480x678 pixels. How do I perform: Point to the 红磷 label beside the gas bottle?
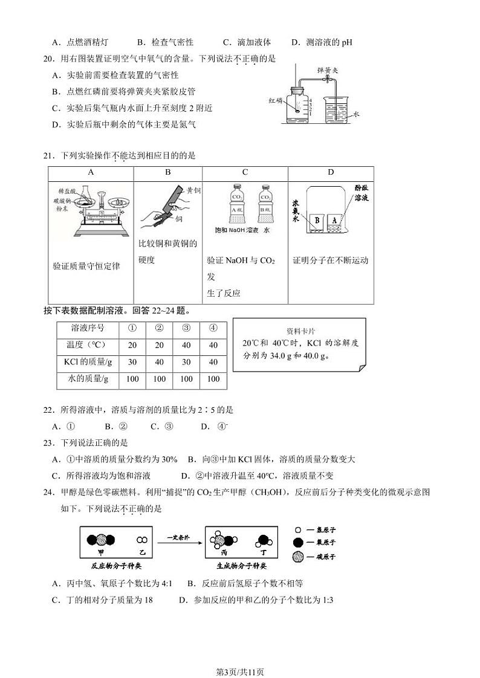276,101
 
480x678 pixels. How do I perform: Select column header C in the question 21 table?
245,172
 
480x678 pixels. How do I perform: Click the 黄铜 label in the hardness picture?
193,190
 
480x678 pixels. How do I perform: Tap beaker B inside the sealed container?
316,221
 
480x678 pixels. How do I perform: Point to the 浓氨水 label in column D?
296,211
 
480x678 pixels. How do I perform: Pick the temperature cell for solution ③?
186,345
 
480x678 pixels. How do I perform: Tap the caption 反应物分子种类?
116,566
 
